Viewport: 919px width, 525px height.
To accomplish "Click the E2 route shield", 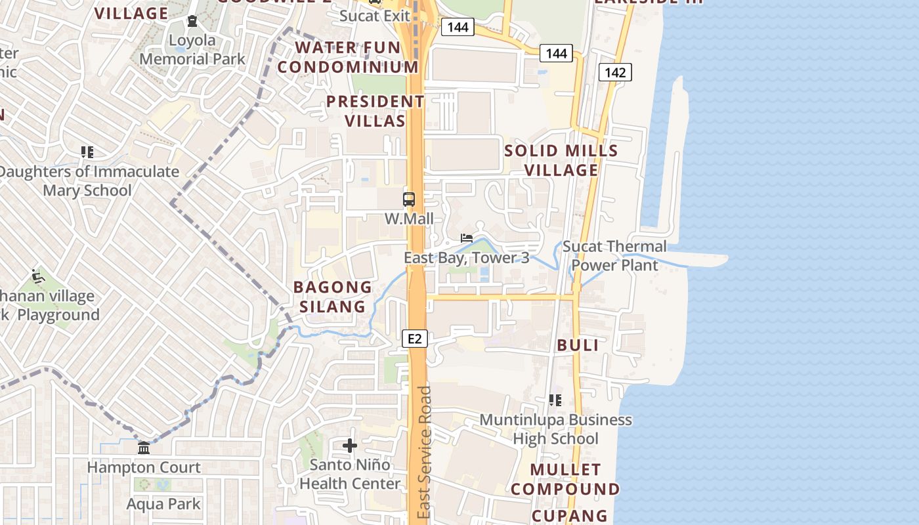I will (x=414, y=339).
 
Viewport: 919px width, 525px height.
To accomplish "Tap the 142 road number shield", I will (x=615, y=72).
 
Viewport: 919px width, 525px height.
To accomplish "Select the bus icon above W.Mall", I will (x=408, y=199).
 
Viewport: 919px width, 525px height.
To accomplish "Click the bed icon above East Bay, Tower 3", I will (x=467, y=238).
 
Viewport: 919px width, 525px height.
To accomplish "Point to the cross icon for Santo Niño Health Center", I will (x=350, y=446).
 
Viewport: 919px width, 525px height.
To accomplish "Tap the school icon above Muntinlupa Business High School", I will (x=555, y=400).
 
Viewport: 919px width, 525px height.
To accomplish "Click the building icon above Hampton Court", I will (x=144, y=448).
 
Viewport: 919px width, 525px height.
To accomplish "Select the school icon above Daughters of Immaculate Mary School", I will (x=87, y=152).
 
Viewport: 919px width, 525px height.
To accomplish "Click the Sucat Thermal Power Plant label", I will (x=614, y=256).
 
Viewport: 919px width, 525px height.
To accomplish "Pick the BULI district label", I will (x=578, y=346).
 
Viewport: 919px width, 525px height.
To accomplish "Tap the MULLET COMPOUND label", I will (x=565, y=480).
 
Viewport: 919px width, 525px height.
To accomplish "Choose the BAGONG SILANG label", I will (x=333, y=297).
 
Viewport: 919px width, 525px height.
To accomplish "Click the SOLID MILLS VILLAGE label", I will (x=561, y=160).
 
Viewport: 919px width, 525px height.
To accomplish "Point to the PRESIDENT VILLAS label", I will (x=375, y=112).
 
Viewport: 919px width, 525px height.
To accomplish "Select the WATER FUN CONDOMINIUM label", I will (x=348, y=57).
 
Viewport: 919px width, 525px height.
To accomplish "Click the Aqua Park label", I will (x=163, y=504).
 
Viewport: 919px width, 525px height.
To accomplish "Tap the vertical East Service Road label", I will (x=425, y=453).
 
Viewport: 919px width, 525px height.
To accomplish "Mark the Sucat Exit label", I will (x=375, y=16).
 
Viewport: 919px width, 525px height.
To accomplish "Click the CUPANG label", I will (x=570, y=516).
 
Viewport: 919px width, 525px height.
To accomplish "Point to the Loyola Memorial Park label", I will (x=192, y=50).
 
